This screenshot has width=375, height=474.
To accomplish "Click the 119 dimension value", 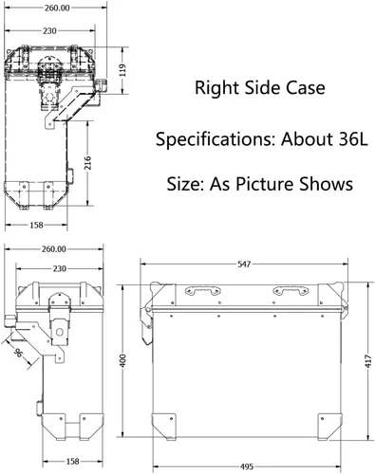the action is (x=123, y=70).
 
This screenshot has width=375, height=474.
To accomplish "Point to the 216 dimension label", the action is (x=87, y=163).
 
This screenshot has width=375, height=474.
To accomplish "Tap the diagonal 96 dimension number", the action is (x=18, y=353).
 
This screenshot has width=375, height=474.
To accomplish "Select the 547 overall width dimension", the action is (x=244, y=264).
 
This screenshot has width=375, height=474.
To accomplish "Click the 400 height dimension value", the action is (x=122, y=360).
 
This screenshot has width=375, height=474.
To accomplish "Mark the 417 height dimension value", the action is (x=368, y=361).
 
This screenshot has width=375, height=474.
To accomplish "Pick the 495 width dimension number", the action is (x=247, y=466).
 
